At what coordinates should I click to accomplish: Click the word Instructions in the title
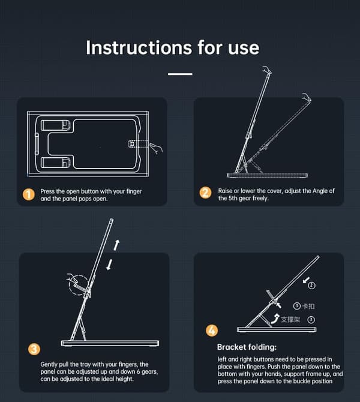(x=139, y=47)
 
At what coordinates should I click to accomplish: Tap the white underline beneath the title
(x=180, y=74)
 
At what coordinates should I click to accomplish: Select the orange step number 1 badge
(x=29, y=194)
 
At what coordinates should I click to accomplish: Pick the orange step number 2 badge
(x=206, y=193)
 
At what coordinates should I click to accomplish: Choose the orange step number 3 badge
(x=34, y=349)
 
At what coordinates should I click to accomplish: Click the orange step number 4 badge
(x=212, y=331)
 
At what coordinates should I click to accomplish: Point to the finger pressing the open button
(x=156, y=148)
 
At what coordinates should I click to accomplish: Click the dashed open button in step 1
(x=132, y=144)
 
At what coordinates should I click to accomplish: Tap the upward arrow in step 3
(x=116, y=245)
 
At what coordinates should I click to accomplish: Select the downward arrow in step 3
(x=109, y=265)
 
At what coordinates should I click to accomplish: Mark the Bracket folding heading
(x=247, y=347)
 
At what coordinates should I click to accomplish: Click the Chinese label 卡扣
(x=308, y=306)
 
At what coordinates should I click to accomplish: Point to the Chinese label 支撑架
(x=290, y=319)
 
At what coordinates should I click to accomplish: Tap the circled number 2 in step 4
(x=311, y=286)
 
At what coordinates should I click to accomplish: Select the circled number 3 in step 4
(x=311, y=320)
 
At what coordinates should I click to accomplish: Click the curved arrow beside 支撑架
(x=275, y=319)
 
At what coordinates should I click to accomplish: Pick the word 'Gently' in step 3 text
(x=49, y=364)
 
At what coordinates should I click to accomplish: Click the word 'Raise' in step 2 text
(x=225, y=191)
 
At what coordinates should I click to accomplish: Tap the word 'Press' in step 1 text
(x=47, y=191)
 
